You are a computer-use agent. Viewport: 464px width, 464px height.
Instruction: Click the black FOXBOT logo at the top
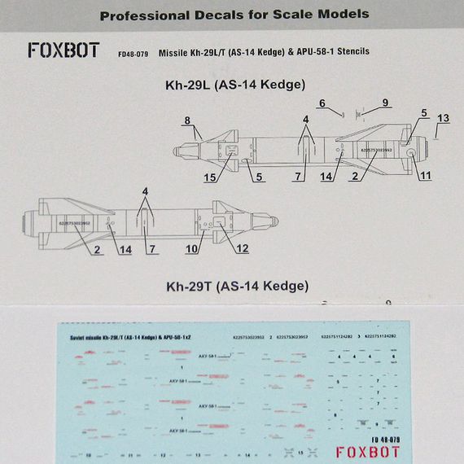63,50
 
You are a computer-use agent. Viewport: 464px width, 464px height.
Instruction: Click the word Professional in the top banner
143,14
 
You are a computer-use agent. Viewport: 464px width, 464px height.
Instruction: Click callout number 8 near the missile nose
187,121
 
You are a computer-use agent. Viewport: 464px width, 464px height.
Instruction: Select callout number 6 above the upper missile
322,103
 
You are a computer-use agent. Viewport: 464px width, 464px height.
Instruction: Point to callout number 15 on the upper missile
209,177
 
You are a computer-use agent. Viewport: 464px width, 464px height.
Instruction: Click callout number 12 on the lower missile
243,247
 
